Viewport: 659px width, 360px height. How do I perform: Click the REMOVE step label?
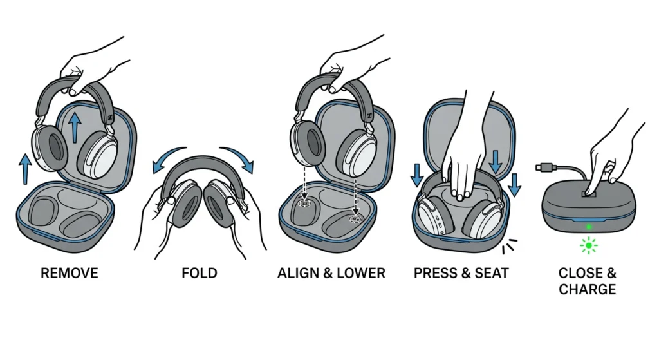point(70,273)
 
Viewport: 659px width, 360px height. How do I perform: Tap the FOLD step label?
point(200,273)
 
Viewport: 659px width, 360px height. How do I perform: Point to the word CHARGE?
point(587,289)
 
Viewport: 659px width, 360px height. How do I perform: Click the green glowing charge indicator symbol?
point(588,245)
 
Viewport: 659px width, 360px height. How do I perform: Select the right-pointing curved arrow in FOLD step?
point(239,157)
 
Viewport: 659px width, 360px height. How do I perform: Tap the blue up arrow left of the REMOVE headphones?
point(25,169)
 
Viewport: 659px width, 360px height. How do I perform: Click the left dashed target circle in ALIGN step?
point(304,202)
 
